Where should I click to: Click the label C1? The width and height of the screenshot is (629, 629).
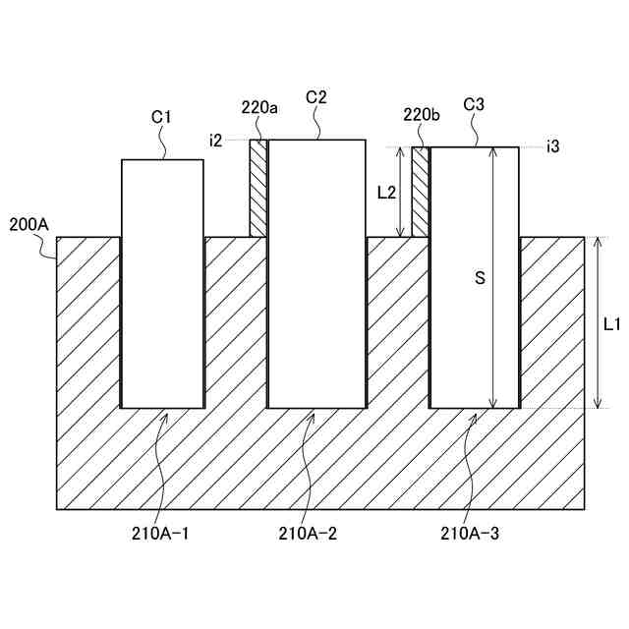click(162, 117)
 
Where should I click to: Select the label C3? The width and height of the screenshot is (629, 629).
click(473, 104)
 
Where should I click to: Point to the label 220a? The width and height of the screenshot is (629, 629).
click(259, 106)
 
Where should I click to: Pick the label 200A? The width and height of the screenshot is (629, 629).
click(29, 224)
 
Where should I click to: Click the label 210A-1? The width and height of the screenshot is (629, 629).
click(160, 535)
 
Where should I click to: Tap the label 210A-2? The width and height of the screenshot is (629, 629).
click(309, 535)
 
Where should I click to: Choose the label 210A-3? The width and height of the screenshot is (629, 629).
click(471, 535)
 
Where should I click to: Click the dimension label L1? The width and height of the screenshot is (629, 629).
click(610, 322)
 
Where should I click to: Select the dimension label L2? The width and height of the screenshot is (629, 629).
click(386, 193)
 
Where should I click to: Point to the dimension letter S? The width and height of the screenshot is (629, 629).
click(480, 278)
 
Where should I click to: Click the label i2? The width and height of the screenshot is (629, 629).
click(216, 141)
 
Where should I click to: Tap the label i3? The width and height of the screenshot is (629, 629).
click(553, 146)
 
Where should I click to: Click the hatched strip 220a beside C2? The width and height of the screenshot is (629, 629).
click(258, 188)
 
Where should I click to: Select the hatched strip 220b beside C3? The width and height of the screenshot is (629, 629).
click(421, 192)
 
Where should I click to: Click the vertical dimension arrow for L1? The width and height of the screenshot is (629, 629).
click(597, 322)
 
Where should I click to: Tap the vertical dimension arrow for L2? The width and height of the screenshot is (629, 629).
click(400, 192)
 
